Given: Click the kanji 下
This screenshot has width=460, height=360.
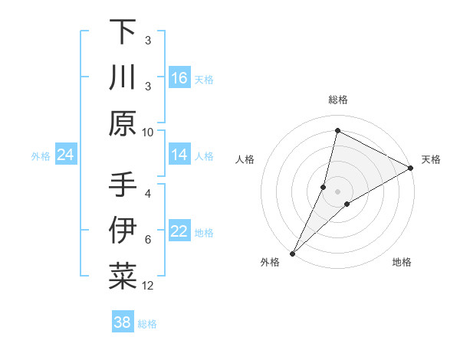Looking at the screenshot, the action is coord(123,33).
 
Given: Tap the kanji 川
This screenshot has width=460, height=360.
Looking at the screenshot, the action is coord(123,78).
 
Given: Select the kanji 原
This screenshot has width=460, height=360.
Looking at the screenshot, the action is coord(123,123).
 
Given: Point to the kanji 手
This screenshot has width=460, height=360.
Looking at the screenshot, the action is coord(123,186).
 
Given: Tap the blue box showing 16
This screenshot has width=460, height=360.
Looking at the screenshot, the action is coord(179,78).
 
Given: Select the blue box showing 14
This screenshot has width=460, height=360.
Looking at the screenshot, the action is coord(179,155).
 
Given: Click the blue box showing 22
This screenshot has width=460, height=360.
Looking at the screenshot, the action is coord(179,231).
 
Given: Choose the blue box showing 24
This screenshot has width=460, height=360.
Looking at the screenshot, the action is coord(66,155).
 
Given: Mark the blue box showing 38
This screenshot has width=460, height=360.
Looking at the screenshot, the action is coord(123,322).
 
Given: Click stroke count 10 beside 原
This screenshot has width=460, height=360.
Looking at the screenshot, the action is coord(148,132).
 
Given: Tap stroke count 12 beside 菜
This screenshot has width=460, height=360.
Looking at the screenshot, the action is coord(148,286).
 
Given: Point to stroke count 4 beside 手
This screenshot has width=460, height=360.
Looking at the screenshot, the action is coord(148,194).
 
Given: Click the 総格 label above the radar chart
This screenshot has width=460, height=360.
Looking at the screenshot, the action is coord(337,100).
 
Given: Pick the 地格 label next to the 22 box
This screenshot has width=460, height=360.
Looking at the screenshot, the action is coord(204,232).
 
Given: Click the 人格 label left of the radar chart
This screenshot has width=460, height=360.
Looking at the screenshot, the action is coord(245,159).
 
